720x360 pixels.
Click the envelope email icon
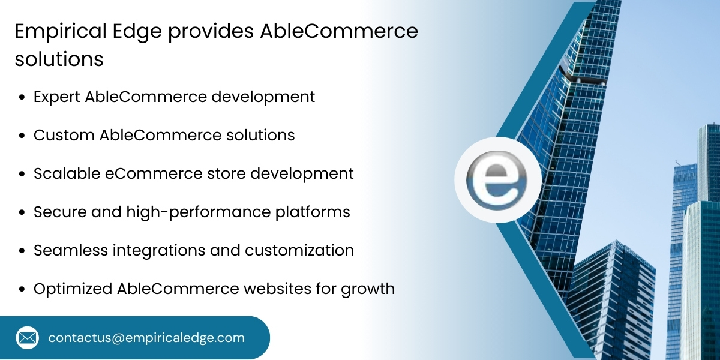tap(28, 338)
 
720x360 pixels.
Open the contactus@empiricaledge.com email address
tap(146, 338)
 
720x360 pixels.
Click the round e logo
tap(497, 179)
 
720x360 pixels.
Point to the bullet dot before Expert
tap(22, 97)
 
